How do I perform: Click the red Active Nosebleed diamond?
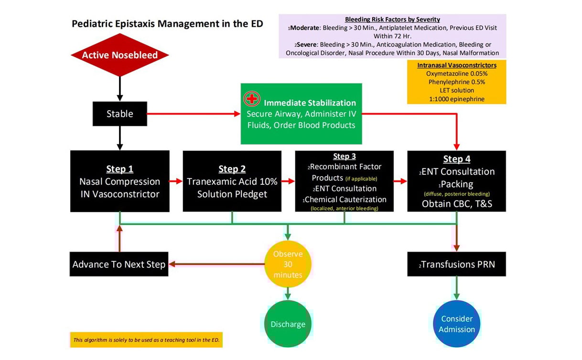[x=120, y=55]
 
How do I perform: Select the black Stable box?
[x=120, y=114]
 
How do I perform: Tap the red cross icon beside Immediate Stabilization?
[x=252, y=99]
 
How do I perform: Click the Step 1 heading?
[x=119, y=169]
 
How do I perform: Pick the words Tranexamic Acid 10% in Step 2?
[x=232, y=181]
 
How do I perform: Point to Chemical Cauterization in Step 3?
[x=345, y=199]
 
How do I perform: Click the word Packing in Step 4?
[x=457, y=183]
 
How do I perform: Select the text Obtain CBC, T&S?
[x=456, y=203]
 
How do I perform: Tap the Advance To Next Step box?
[x=119, y=264]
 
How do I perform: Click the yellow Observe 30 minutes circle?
[x=288, y=265]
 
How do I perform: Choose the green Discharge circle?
[x=288, y=324]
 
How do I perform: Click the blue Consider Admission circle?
[x=457, y=324]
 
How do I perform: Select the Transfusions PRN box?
[x=456, y=264]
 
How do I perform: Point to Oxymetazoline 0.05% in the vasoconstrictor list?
[x=456, y=74]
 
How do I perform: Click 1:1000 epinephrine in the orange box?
[x=456, y=99]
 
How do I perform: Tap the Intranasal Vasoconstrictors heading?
[x=456, y=65]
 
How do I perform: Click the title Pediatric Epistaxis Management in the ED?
[x=167, y=23]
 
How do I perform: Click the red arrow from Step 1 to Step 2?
[x=176, y=181]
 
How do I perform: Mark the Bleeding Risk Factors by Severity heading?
[x=392, y=20]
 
